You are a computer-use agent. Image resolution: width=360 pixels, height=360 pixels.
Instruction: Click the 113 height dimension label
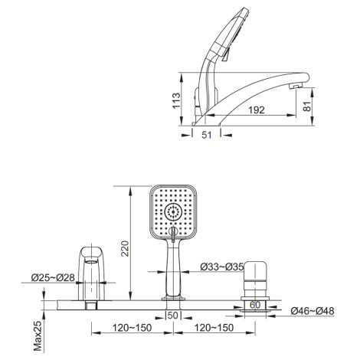point(176,100)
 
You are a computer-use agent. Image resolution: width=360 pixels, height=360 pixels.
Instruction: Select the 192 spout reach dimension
point(257,110)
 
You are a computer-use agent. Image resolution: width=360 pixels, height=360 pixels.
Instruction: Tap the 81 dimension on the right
point(307,106)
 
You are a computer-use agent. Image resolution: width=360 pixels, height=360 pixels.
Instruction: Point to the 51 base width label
point(207,135)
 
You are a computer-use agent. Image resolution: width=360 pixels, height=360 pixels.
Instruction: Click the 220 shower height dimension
point(125,248)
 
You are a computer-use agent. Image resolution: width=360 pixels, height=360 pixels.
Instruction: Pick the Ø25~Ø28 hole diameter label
point(53,277)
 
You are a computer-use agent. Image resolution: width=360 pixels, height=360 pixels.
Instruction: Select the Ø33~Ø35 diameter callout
point(222,267)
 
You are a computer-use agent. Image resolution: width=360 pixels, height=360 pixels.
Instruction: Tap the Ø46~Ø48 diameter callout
point(313,311)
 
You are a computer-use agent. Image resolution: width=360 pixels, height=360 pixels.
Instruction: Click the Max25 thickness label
point(38,335)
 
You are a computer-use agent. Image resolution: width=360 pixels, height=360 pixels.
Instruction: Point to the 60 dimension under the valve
point(255,305)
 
